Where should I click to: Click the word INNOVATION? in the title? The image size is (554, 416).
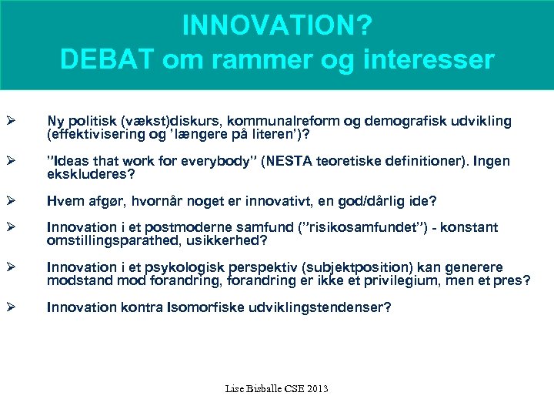(x=277, y=25)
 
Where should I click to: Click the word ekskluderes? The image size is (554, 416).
(x=91, y=175)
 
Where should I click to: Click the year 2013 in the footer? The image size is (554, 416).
(x=316, y=388)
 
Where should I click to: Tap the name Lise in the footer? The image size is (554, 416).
(x=235, y=388)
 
